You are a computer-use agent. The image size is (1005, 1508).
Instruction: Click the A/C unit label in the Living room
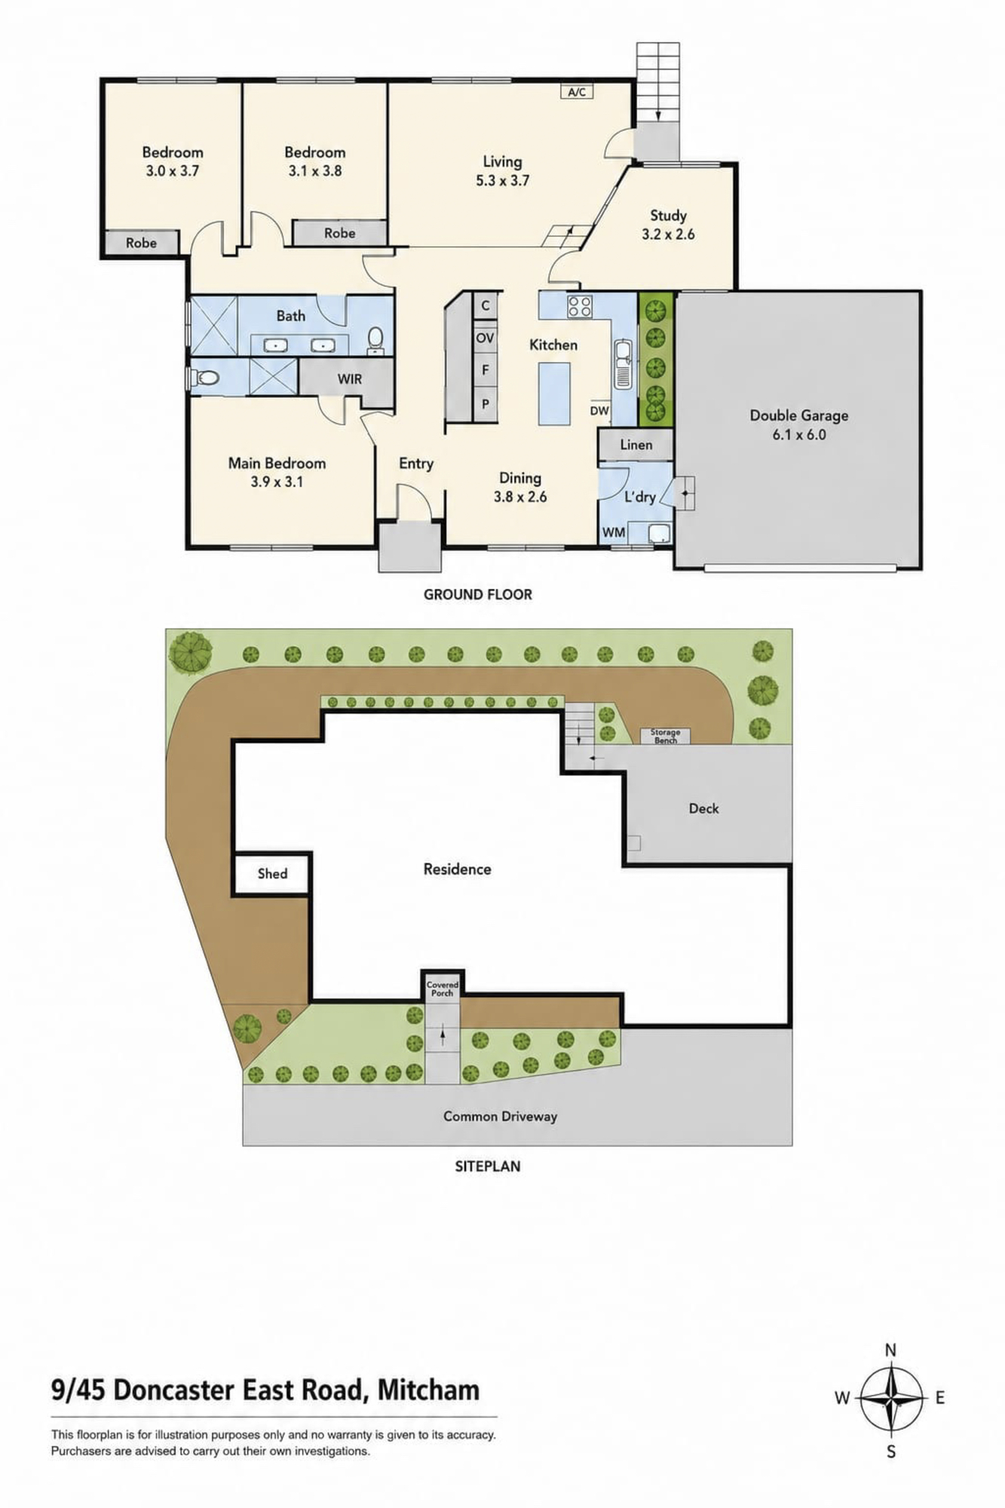[x=577, y=92]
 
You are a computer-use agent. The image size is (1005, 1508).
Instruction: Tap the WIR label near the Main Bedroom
[x=349, y=379]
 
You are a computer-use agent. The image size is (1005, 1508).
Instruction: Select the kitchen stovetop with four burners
[x=580, y=306]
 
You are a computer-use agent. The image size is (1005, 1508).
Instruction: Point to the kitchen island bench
[x=554, y=393]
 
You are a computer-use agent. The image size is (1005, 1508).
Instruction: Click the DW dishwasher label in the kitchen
[x=599, y=411]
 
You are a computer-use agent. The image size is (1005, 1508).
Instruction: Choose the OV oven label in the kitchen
[x=485, y=338]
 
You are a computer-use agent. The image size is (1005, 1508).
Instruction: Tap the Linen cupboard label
[x=636, y=445]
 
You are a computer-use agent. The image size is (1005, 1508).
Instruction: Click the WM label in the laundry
[x=614, y=532]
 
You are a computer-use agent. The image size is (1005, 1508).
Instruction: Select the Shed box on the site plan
[x=272, y=874]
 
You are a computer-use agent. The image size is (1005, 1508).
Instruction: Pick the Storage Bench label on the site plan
[x=665, y=736]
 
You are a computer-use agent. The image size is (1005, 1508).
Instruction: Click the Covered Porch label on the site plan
[x=443, y=988]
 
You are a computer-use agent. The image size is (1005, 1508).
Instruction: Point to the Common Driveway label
[x=500, y=1116]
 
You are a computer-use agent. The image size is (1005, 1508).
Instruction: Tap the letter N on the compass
[x=890, y=1350]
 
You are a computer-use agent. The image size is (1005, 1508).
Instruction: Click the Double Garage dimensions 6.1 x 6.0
[x=798, y=434]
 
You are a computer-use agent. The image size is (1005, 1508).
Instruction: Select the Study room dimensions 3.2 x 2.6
[x=668, y=234]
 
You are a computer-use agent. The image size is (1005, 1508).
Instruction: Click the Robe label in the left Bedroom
[x=141, y=243]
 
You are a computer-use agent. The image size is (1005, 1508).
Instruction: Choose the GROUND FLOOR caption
[x=478, y=594]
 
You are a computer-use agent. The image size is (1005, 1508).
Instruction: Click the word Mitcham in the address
[x=428, y=1390]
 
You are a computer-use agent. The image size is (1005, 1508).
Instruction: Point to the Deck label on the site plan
[x=703, y=808]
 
